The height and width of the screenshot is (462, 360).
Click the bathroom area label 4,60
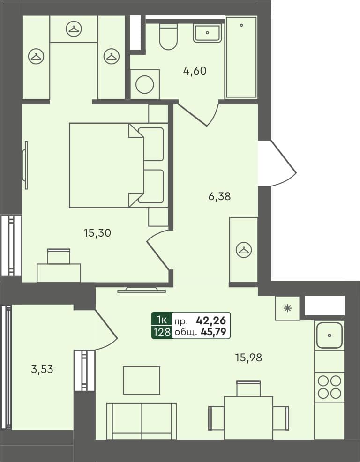[195, 71]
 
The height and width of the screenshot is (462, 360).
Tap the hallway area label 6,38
[219, 197]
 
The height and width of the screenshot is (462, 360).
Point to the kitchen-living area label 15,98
[248, 358]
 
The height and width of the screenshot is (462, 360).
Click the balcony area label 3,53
[42, 369]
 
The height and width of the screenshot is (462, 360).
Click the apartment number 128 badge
[161, 332]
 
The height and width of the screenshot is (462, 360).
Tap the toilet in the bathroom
[168, 37]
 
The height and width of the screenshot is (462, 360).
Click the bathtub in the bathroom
[241, 57]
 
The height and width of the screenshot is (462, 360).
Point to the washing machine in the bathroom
[145, 85]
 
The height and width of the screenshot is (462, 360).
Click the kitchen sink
[329, 335]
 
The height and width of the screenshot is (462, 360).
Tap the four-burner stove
[329, 386]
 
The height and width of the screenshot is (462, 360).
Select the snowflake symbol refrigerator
[287, 308]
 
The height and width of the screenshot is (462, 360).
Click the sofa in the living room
[142, 420]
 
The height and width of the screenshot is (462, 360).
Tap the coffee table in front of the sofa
[142, 380]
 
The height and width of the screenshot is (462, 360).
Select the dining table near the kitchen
[248, 417]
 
